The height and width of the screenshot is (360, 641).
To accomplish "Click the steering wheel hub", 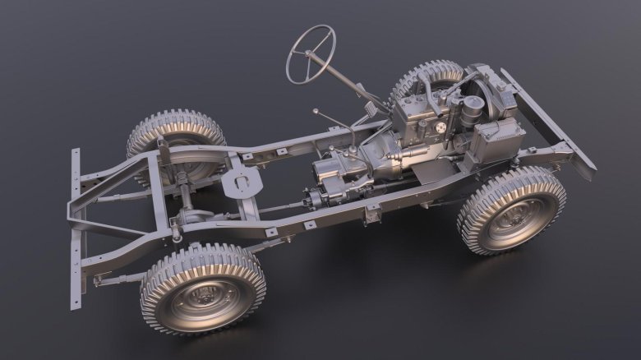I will click(311, 53).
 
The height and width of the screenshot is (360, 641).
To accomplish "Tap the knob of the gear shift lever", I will click(316, 110).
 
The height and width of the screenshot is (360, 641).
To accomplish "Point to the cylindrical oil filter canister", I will click(472, 110).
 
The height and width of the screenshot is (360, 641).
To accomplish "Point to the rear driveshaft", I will click(255, 212).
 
